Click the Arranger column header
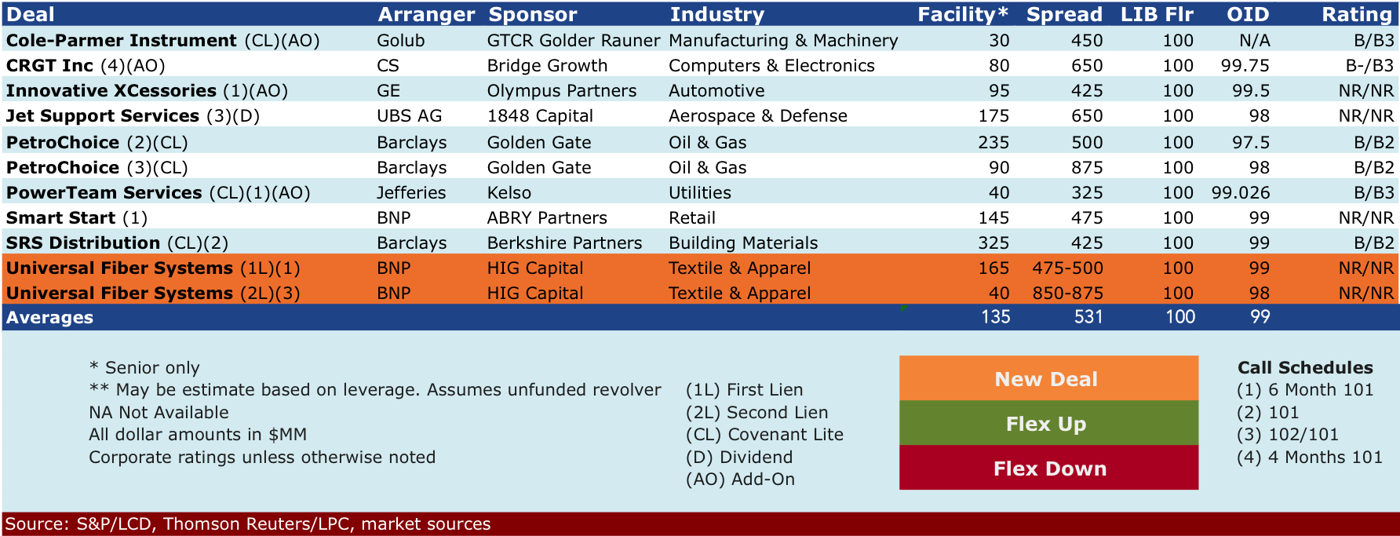click(x=426, y=14)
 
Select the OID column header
click(x=1248, y=14)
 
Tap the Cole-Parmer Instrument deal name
click(x=122, y=40)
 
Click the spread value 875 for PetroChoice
click(x=1087, y=167)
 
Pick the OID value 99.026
click(x=1241, y=192)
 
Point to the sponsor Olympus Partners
click(x=562, y=90)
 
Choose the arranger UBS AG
click(x=409, y=115)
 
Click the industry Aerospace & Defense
click(x=758, y=115)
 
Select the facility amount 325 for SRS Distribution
click(x=993, y=242)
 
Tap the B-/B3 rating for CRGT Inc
click(x=1369, y=65)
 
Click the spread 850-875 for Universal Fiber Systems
click(x=1067, y=293)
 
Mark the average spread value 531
click(x=1088, y=317)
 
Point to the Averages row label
click(x=49, y=317)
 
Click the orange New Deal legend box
click(x=1048, y=378)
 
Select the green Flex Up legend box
click(x=1048, y=423)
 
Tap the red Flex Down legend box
click(x=1048, y=468)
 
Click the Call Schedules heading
click(x=1305, y=367)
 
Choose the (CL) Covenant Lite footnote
click(x=764, y=434)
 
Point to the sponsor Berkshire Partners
click(x=564, y=242)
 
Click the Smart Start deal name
click(x=61, y=217)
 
